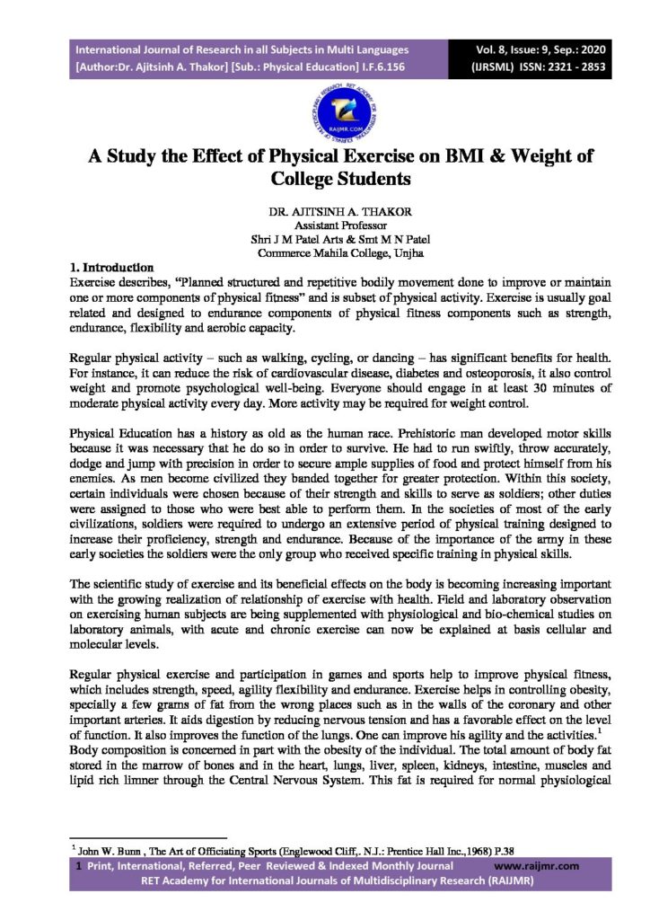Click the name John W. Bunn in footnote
109,848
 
